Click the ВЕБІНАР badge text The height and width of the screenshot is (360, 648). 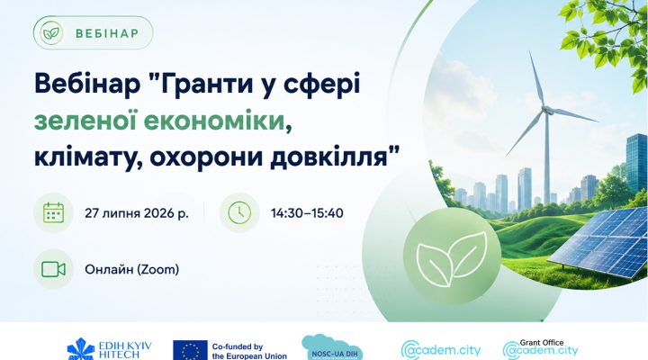click(x=107, y=33)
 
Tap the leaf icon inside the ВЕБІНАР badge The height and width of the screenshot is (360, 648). click(x=51, y=33)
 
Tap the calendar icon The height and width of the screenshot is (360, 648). click(x=53, y=213)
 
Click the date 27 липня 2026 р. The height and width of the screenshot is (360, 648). click(x=137, y=213)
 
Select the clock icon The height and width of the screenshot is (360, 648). click(x=239, y=213)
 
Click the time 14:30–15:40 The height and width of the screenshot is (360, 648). click(x=307, y=213)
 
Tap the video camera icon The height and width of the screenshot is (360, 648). click(x=53, y=269)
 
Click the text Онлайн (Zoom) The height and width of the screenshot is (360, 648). click(x=131, y=269)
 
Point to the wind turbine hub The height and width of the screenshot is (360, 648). click(x=547, y=110)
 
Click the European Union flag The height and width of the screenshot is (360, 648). click(x=190, y=350)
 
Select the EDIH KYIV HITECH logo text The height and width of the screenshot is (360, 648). click(x=125, y=350)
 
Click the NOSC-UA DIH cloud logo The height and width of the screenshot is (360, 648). click(x=332, y=348)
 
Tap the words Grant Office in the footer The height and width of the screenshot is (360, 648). click(x=542, y=343)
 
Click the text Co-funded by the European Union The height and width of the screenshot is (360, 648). click(x=249, y=351)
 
